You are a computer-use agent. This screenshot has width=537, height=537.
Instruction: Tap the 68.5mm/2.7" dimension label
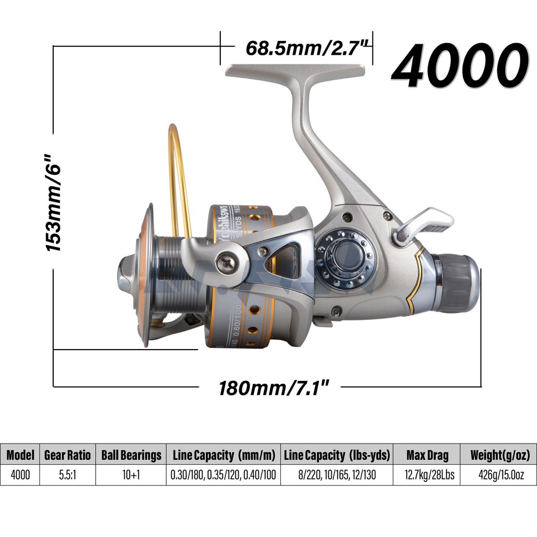pyautogui.click(x=308, y=47)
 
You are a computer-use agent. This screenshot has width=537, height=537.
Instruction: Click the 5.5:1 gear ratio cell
pyautogui.click(x=67, y=475)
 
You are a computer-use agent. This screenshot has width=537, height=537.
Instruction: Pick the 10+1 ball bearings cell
pyautogui.click(x=131, y=475)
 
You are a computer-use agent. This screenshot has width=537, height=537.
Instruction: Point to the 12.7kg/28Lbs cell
pyautogui.click(x=427, y=475)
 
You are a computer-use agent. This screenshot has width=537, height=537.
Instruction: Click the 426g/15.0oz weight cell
pyautogui.click(x=497, y=475)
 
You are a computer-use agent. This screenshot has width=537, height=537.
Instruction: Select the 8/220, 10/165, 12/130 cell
pyautogui.click(x=337, y=475)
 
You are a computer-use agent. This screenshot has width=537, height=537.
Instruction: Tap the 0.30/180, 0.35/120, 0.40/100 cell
pyautogui.click(x=223, y=475)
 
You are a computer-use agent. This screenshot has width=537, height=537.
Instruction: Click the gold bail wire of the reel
pyautogui.click(x=178, y=168)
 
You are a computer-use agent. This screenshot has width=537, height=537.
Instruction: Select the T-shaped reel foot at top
pyautogui.click(x=296, y=76)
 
